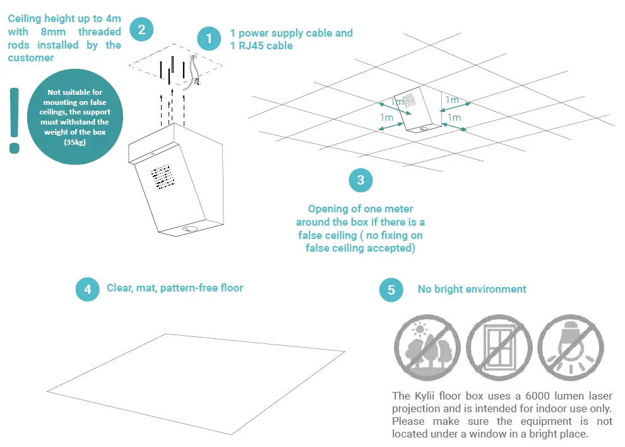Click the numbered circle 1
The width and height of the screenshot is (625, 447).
(x=209, y=39)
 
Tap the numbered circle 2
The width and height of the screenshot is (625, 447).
(x=141, y=29)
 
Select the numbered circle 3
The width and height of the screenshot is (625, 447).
(x=360, y=180)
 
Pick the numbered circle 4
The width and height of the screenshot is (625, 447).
(x=87, y=290)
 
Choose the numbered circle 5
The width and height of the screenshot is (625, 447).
(x=391, y=290)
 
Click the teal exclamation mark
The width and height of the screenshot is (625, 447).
(x=14, y=120)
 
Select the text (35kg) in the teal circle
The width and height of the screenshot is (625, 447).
(x=75, y=143)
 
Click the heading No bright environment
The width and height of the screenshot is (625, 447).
(x=472, y=289)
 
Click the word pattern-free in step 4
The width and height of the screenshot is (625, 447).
(x=187, y=288)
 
